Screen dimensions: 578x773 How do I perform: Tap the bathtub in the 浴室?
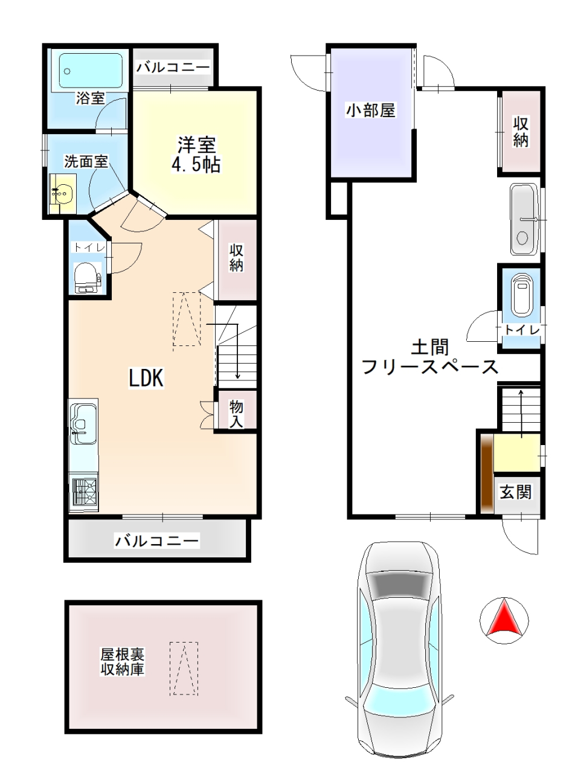coord(91,71)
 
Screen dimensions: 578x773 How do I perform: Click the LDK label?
coord(146,378)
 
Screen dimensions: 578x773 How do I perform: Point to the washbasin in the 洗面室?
coord(63,193)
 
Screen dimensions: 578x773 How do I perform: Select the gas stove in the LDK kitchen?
coord(84,492)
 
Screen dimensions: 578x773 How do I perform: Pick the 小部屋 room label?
coord(371,111)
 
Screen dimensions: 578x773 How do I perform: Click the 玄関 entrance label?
coord(516,492)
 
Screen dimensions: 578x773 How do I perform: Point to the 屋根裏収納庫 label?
coord(122,662)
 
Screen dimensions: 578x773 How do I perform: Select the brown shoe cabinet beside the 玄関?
coord(487,473)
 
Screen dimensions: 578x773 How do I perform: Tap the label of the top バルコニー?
coord(173,66)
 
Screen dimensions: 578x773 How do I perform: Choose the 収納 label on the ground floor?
coord(520,132)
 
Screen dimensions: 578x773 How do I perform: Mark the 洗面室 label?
coord(86,161)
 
